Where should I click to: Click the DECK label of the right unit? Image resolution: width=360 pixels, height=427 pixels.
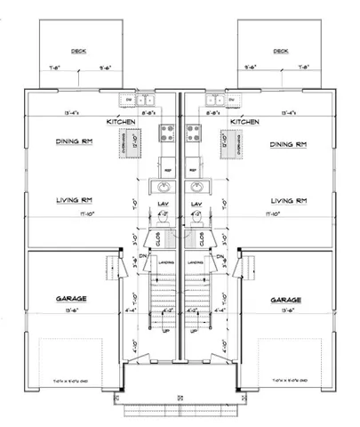point(281,51)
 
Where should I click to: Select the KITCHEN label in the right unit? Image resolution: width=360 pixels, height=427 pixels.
point(243,120)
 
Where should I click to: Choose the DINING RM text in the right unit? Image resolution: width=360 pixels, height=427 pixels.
point(290,144)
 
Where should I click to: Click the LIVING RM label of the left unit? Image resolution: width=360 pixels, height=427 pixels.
point(75,201)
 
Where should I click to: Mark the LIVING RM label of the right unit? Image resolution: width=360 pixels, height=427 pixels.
point(288,201)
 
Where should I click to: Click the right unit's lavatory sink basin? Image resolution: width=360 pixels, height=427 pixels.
point(197,188)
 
